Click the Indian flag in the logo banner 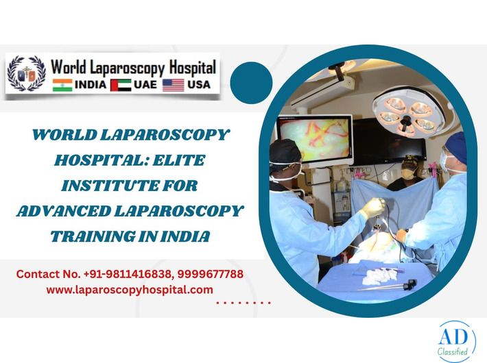click(x=62, y=85)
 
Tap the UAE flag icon click(x=120, y=85)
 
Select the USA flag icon click(x=174, y=85)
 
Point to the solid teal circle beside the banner click(x=252, y=83)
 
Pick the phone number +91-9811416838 click(x=128, y=274)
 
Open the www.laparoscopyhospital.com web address click(x=130, y=290)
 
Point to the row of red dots click(x=243, y=302)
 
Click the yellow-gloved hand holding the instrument click(x=375, y=207)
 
